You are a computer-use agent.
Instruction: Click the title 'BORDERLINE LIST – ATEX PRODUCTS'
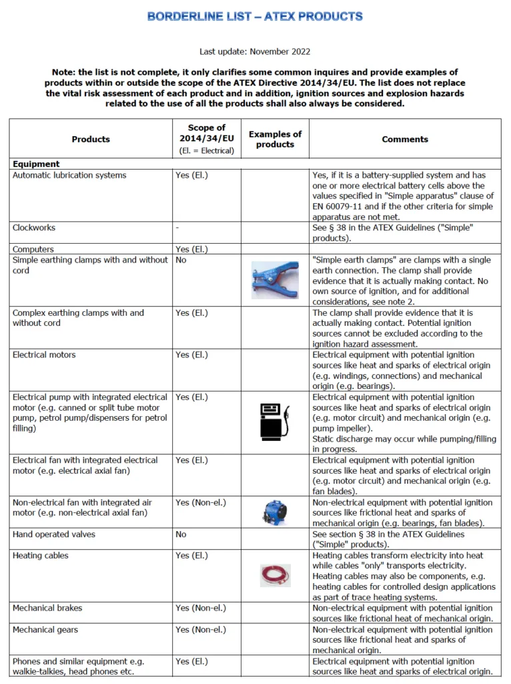255,16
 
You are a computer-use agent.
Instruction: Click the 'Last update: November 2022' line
255,51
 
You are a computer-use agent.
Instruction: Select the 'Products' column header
91,139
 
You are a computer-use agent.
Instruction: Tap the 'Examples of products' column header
275,139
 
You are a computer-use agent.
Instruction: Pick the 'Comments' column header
405,139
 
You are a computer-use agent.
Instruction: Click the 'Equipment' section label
36,164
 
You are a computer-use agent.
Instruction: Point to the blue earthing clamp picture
275,279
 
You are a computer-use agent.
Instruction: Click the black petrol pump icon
275,421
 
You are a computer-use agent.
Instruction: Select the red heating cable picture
275,574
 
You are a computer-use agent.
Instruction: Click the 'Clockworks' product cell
34,228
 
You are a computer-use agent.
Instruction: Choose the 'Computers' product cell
33,249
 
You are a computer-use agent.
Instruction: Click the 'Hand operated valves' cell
53,534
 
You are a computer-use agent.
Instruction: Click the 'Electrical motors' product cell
44,355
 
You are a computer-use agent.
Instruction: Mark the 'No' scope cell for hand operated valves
181,534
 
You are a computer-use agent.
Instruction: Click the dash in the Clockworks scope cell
177,228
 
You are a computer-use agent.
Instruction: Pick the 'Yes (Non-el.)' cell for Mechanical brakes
201,608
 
